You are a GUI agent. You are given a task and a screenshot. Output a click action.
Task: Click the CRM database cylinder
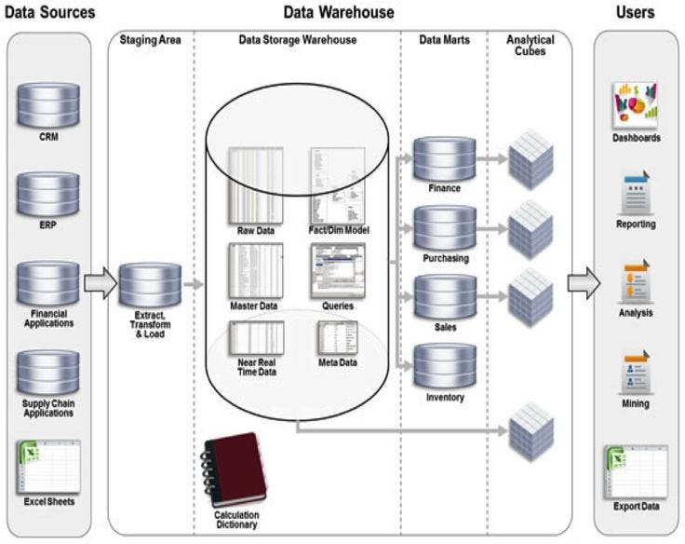48,107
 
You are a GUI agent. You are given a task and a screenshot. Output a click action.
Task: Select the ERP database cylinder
48,193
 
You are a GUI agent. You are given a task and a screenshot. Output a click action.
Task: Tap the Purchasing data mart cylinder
444,228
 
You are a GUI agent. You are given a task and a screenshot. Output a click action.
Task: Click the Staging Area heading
149,40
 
